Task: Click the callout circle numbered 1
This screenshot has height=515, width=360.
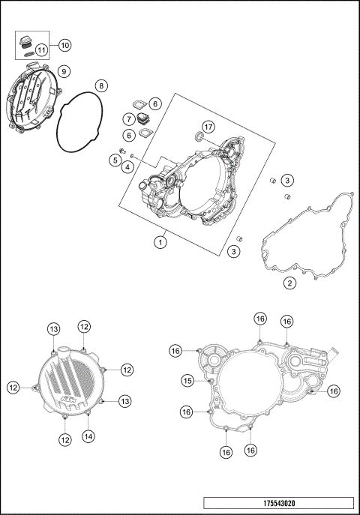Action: coord(160,241)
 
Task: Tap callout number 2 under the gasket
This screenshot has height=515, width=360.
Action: coord(289,283)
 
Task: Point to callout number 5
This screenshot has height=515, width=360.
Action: coord(115,160)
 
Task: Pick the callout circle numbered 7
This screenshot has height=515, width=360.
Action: coord(130,119)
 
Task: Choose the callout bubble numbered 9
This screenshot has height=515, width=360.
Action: coord(64,71)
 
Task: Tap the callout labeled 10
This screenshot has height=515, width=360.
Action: coord(64,45)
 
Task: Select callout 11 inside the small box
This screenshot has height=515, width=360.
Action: coord(42,50)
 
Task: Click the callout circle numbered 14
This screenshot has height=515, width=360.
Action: coord(88,436)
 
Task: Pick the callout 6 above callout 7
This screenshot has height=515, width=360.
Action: coord(154,103)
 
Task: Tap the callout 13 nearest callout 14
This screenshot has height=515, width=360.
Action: coord(103,401)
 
